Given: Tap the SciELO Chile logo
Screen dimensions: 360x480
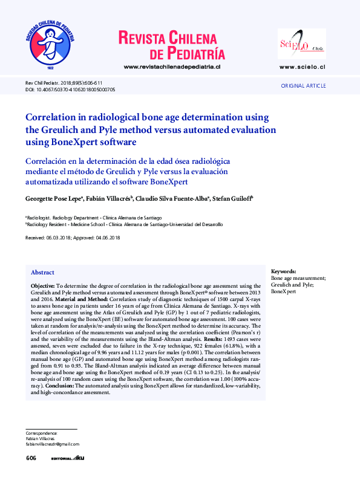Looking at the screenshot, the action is [x=301, y=44].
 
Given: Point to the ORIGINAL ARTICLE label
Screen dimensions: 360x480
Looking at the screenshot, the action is [x=303, y=86].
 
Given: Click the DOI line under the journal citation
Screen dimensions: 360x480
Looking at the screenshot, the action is [x=70, y=89].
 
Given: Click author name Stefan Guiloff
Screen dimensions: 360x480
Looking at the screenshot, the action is [x=232, y=198].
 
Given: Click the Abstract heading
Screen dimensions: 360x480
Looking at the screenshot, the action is [x=42, y=273].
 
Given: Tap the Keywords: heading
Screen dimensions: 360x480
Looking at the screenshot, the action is [x=284, y=271].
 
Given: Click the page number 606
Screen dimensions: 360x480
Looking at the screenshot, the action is [x=31, y=459].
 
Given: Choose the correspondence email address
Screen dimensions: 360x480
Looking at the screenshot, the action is [x=53, y=444].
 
